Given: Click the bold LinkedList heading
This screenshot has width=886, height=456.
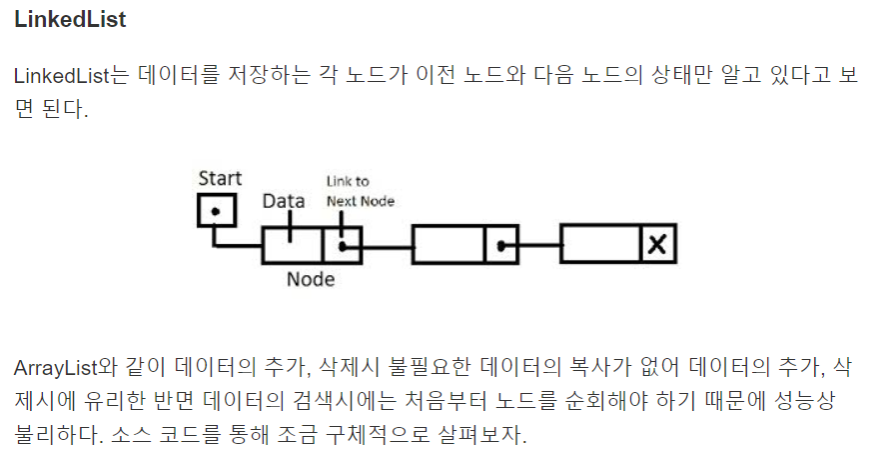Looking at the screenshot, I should pos(70,20).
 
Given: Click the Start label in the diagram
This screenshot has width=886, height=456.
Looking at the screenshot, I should pos(219,179).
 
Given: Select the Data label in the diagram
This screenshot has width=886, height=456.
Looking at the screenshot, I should pos(283,201).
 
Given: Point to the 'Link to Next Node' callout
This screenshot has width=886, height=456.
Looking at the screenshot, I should pos(360,191).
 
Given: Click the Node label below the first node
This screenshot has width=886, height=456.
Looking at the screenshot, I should pos(311,279).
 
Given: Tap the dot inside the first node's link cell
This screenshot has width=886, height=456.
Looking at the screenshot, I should pos(343,244).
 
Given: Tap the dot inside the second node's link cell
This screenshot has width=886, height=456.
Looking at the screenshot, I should pos(501,245).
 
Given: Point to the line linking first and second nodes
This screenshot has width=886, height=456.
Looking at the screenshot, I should pos(387,245).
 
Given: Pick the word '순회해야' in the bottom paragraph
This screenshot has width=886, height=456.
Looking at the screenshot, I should pos(627,401).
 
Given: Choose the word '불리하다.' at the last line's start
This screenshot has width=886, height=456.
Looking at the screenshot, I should pos(51,436).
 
